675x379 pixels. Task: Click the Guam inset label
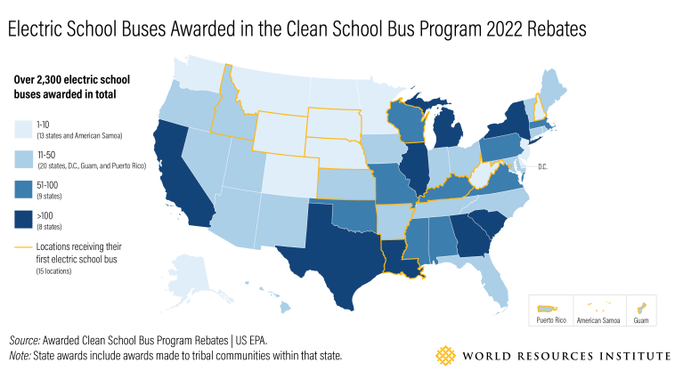(640, 319)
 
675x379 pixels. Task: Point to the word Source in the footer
(28, 341)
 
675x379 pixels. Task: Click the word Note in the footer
(21, 355)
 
